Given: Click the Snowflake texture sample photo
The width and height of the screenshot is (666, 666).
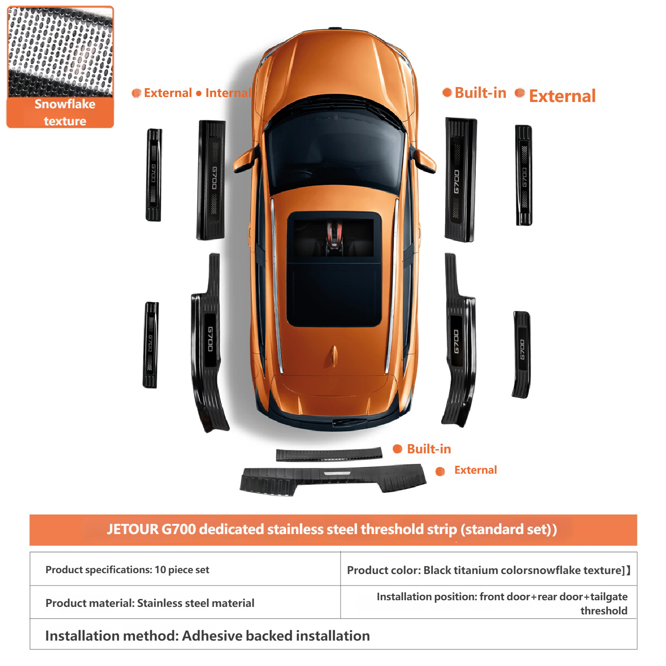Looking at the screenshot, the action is coord(60,52).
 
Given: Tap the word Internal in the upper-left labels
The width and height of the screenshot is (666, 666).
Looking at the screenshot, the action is coord(228,93).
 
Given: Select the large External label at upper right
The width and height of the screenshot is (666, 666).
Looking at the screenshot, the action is coord(562,96).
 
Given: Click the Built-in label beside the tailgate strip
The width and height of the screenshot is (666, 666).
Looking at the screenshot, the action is coord(429,449).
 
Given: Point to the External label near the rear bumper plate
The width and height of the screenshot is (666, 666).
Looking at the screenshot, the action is coord(475,470).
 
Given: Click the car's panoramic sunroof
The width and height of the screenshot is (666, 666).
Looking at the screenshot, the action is coord(334,269).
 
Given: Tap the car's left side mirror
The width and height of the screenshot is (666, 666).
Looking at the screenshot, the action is coord(246,160).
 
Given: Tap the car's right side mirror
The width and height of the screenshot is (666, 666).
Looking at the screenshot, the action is coord(424,160).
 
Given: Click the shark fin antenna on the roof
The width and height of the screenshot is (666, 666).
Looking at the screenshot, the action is coord(333,356).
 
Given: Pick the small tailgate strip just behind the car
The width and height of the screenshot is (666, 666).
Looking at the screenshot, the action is coord(329,454).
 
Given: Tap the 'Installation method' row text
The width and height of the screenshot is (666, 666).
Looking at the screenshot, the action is coord(207,636).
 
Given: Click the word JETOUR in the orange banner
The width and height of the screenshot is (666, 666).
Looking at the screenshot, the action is coord(133,529).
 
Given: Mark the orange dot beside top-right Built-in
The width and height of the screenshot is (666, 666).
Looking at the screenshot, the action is coord(447,92).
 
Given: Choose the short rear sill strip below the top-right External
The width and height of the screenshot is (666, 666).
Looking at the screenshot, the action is coord(521,354).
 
